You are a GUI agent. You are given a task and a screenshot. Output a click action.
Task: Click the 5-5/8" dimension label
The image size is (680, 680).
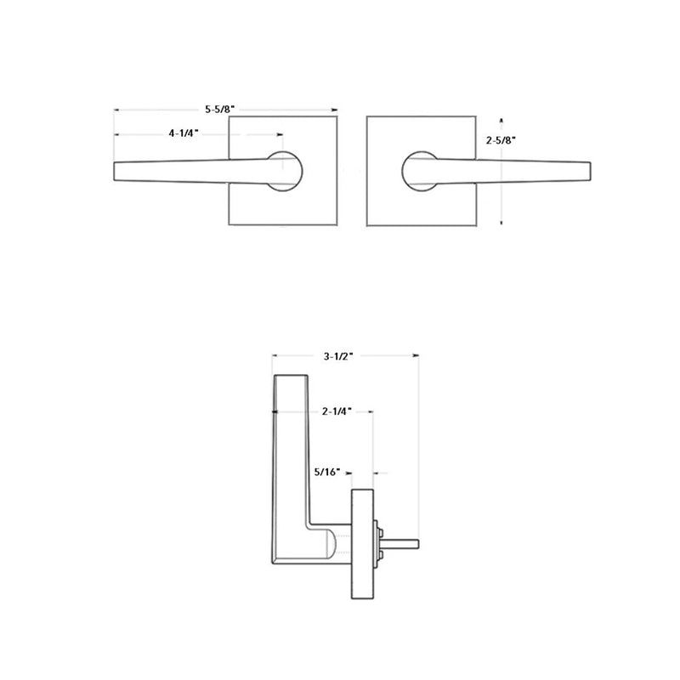[x=219, y=110]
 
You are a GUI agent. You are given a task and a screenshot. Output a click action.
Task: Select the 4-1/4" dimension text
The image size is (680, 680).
[x=184, y=133]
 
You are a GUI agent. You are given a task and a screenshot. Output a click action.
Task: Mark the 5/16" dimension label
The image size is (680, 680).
[x=326, y=470]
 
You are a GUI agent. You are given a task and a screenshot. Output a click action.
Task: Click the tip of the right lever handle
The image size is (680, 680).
[x=586, y=170]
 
